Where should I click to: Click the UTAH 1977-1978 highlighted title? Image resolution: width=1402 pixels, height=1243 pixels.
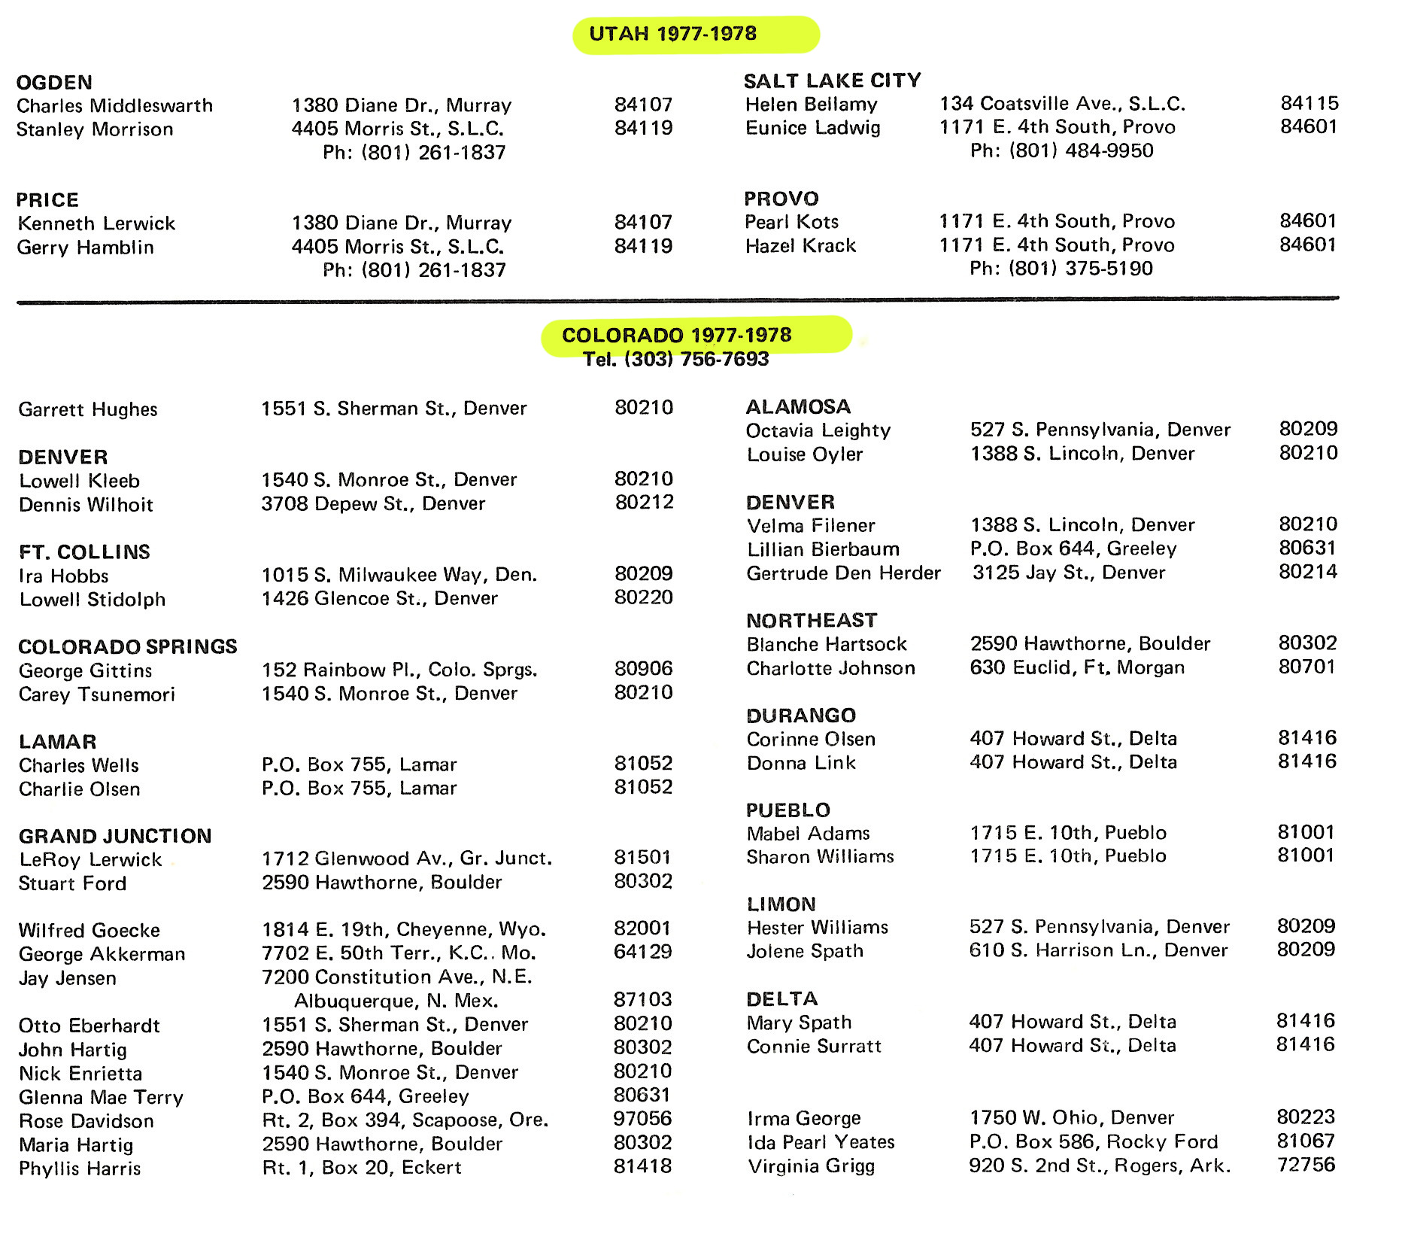point(673,34)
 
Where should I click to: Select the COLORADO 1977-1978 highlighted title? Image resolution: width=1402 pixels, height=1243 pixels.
point(676,335)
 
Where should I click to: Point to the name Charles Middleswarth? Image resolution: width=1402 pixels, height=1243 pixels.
point(115,105)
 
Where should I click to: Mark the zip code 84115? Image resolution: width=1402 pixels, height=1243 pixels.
point(1309,103)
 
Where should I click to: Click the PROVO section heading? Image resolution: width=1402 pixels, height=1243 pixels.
point(781,199)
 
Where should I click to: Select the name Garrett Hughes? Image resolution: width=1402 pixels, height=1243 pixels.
point(88,409)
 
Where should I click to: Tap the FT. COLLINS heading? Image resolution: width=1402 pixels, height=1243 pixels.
point(84,552)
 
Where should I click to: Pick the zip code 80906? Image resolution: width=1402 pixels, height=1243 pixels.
point(644,668)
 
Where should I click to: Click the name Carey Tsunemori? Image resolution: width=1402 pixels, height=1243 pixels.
point(97,694)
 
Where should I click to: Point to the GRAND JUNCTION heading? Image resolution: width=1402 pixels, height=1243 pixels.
point(115,836)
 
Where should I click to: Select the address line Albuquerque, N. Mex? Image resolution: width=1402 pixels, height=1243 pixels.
point(396,1001)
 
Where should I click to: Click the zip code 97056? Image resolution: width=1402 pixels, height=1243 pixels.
point(642,1119)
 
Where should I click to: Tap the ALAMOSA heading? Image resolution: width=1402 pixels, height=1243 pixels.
point(798,407)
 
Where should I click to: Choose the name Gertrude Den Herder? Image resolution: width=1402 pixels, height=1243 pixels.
point(843,573)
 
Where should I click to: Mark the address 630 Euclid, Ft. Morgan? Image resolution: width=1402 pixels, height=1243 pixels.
point(1077,667)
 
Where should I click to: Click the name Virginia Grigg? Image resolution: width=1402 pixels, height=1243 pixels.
point(811,1166)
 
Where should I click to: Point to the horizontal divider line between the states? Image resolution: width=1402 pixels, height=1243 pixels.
point(677,301)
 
